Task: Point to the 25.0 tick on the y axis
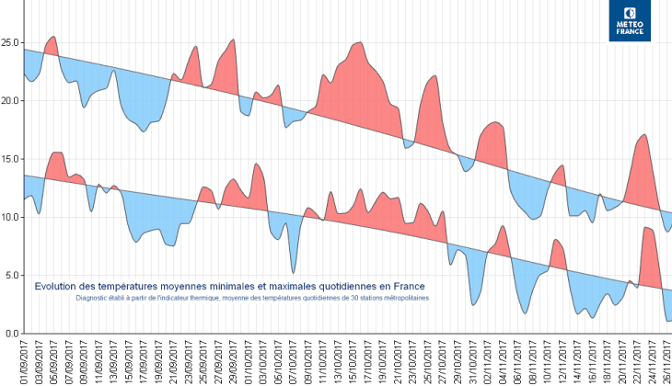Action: pos(11,42)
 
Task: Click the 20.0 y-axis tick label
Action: pos(11,100)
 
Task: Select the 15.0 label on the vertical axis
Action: pos(11,159)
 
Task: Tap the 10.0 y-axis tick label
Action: pos(11,217)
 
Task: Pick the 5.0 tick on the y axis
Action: pos(13,275)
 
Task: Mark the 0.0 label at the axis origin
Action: pos(13,333)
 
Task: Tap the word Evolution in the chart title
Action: pos(58,287)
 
